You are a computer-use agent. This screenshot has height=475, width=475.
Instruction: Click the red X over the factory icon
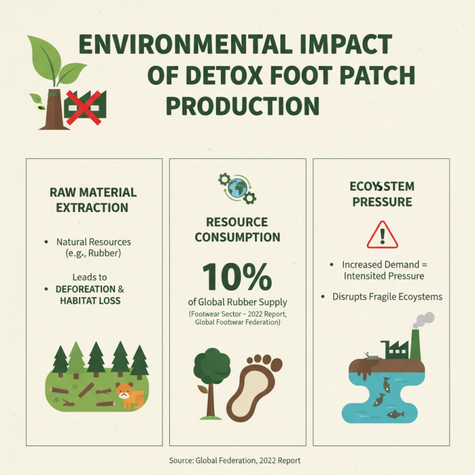coord(83,106)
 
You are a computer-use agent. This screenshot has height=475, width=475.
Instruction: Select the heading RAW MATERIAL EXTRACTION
coord(93,200)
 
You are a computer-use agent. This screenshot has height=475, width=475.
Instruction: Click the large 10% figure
coord(237,276)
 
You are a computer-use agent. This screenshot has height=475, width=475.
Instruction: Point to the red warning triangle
coord(382,236)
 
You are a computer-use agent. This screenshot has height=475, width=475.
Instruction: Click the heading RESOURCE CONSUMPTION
coord(237,230)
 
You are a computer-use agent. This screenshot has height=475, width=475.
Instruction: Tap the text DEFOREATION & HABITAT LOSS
coord(90,294)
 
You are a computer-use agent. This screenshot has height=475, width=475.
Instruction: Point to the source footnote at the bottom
coord(237,460)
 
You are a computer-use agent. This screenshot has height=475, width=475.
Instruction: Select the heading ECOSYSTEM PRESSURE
coord(382,194)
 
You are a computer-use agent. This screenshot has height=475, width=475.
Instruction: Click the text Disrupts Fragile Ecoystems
coord(387,296)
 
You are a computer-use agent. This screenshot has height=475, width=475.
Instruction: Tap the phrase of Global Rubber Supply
coord(237,302)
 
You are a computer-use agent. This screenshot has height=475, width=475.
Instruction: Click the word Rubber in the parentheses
coord(107,254)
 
